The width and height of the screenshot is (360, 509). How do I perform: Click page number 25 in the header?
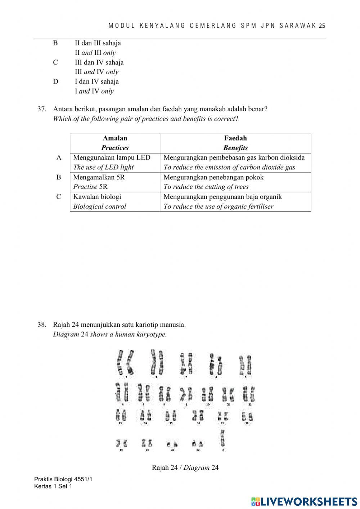[x=322, y=26]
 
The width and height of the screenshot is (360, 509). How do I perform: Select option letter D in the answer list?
[x=55, y=82]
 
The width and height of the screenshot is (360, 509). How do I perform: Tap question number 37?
[x=42, y=109]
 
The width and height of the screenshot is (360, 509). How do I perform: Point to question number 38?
[x=42, y=325]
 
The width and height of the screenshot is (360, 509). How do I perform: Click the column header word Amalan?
[x=115, y=138]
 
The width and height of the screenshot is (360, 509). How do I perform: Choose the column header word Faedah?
[x=235, y=138]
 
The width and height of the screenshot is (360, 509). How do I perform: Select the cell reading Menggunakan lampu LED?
[x=112, y=158]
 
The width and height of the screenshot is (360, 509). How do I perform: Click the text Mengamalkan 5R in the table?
[x=99, y=177]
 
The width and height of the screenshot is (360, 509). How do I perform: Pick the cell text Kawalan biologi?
[x=97, y=197]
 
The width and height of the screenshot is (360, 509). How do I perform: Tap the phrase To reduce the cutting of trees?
[x=206, y=187]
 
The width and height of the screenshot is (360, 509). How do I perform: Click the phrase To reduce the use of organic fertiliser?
[x=219, y=206]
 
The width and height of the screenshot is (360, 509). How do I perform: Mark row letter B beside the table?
[x=59, y=177]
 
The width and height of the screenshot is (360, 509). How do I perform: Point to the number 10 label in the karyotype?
[x=208, y=405]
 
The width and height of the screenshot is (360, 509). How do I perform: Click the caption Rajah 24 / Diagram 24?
[x=185, y=468]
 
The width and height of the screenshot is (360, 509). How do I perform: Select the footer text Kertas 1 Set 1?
[x=53, y=487]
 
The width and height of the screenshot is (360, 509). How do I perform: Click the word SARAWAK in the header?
[x=298, y=26]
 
